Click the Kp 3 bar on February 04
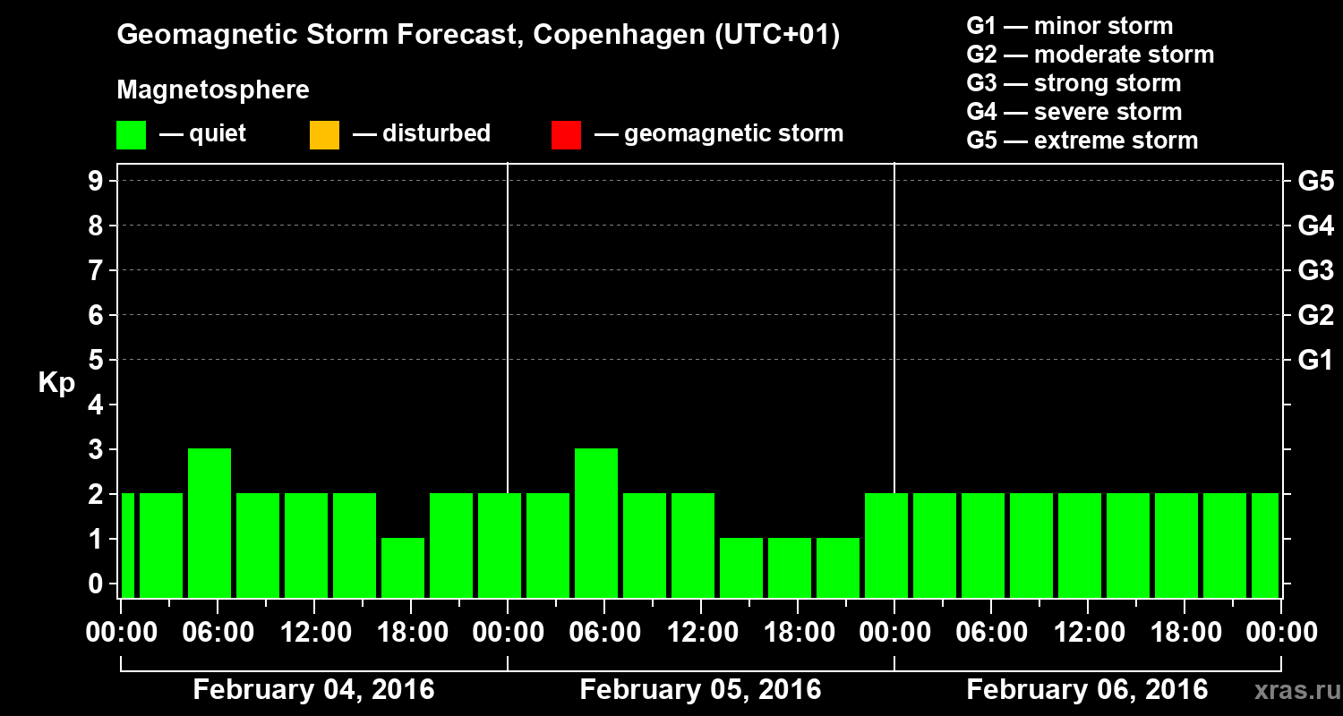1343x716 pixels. (210, 523)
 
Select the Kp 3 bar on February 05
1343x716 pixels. (596, 523)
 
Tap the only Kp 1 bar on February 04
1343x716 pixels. (403, 567)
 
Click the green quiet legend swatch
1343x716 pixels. (132, 134)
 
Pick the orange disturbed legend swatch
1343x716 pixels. (324, 134)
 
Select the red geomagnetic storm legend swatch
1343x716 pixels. (567, 134)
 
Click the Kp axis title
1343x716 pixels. (56, 383)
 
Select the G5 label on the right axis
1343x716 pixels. (1315, 181)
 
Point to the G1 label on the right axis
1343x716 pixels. (1315, 360)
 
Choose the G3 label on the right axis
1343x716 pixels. (1315, 270)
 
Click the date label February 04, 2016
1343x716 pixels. (313, 690)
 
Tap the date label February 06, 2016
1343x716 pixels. (1087, 690)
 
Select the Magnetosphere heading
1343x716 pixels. (213, 90)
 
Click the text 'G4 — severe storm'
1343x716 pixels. (1074, 112)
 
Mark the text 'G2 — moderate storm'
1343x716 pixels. (1091, 55)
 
